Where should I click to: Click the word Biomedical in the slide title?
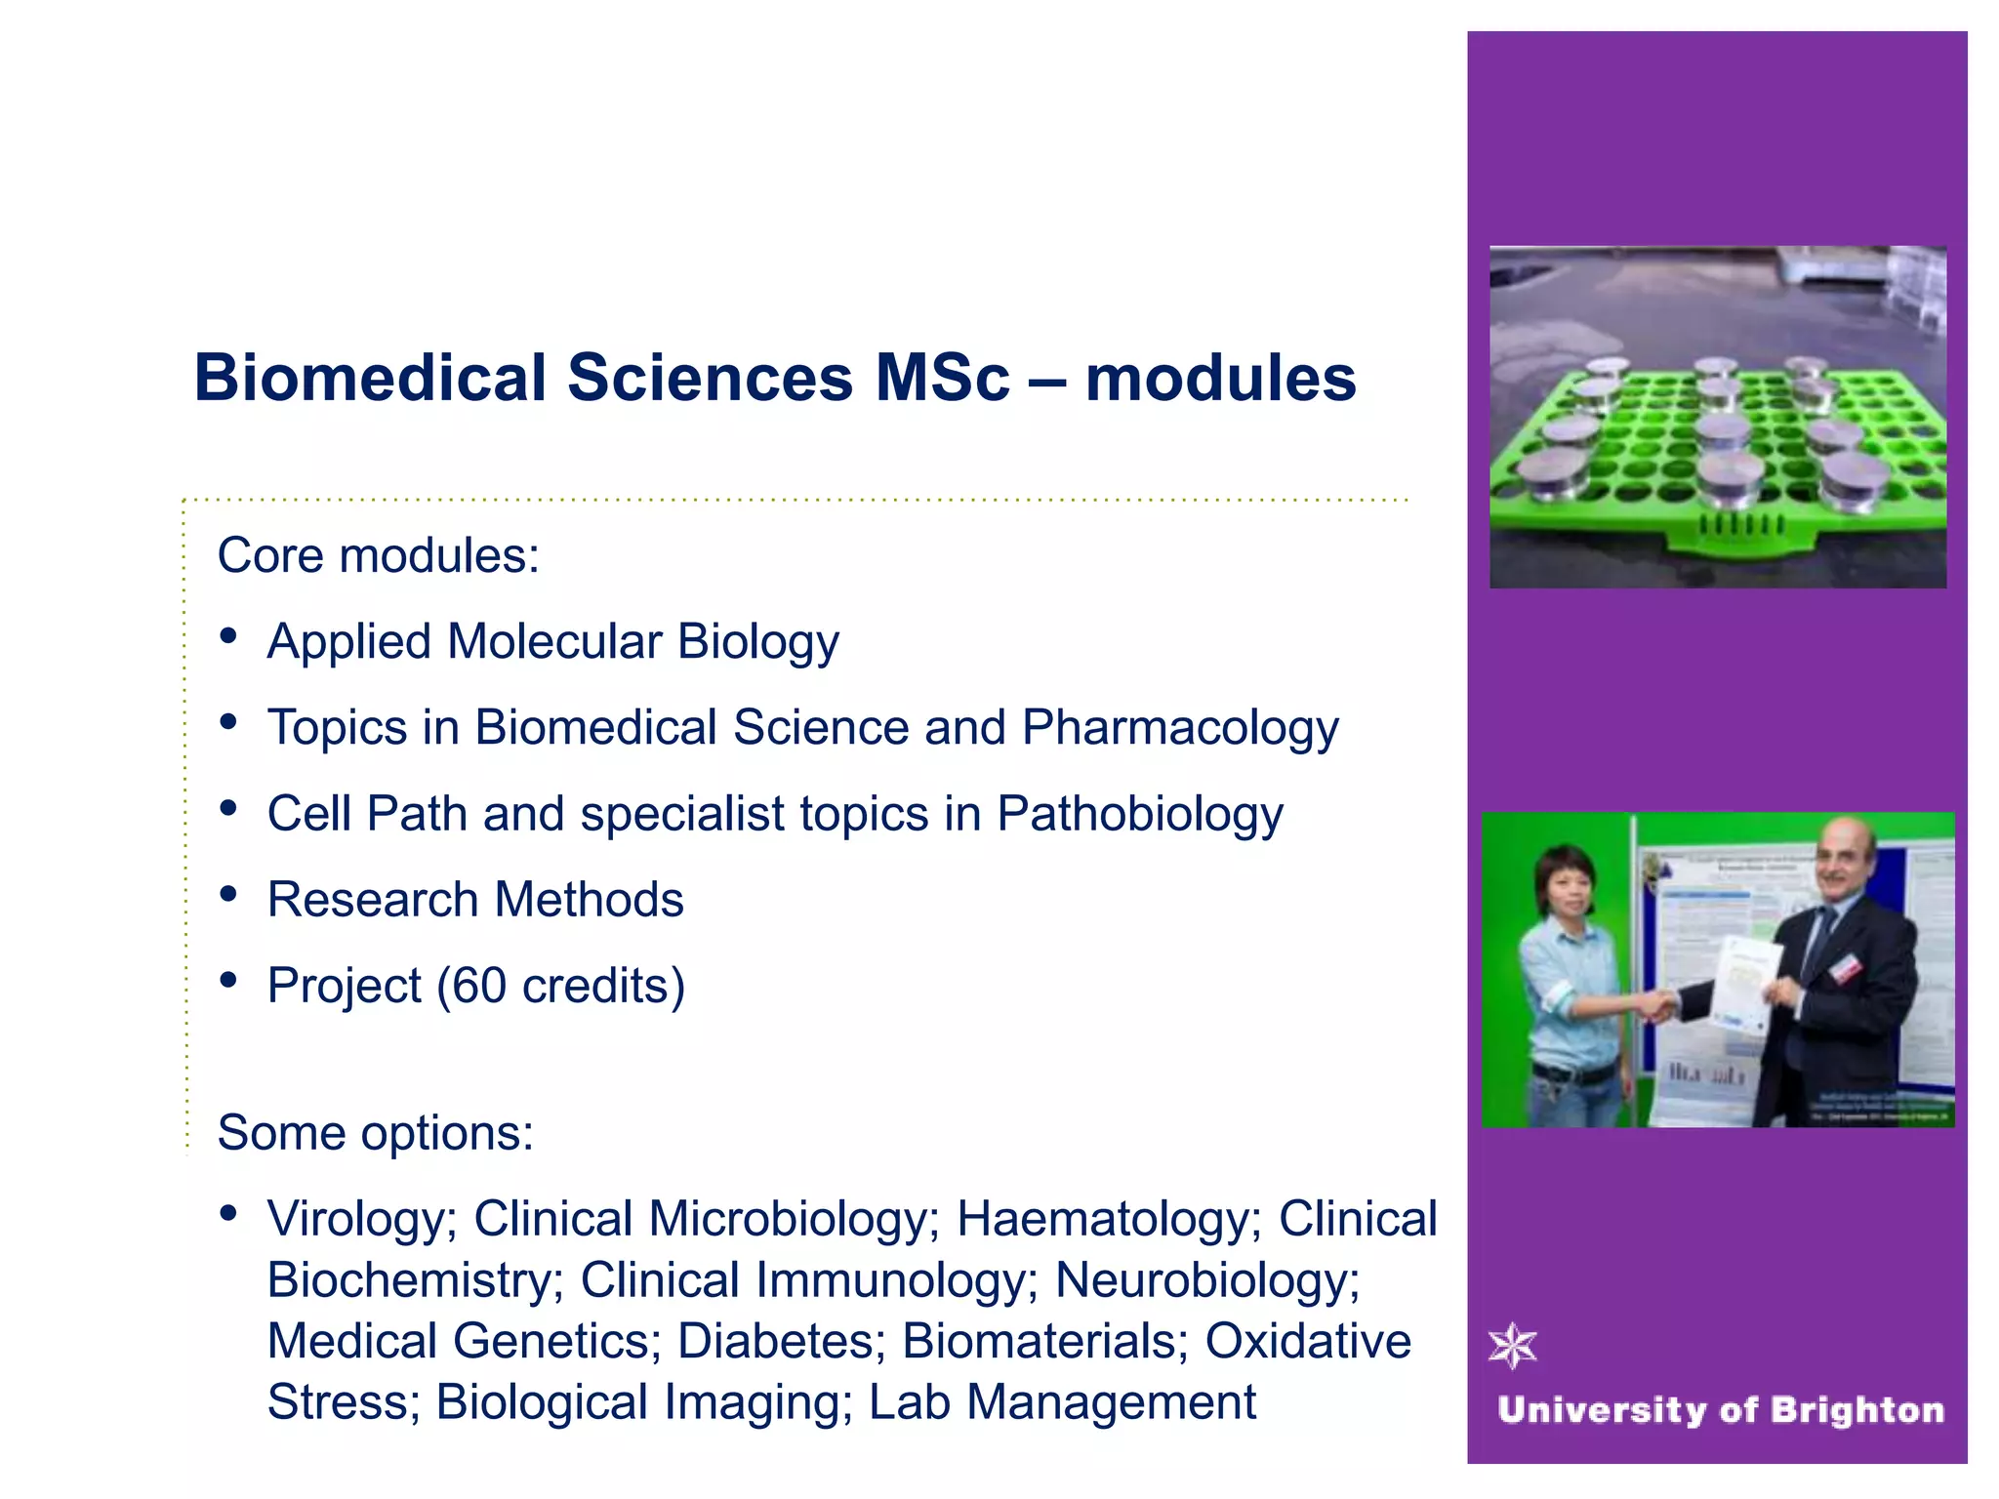pos(370,379)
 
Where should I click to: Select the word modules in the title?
pos(1220,379)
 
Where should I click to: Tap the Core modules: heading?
pos(378,556)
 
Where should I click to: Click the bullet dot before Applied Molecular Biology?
pos(229,637)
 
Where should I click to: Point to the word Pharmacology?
pos(1180,729)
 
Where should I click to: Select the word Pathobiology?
pos(1139,815)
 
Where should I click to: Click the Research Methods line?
pos(475,900)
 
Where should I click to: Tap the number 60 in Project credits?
pos(478,987)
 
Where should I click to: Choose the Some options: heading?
pos(375,1133)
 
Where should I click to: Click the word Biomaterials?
pos(1044,1342)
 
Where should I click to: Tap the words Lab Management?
pos(1062,1402)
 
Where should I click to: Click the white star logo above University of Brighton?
pos(1512,1347)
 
